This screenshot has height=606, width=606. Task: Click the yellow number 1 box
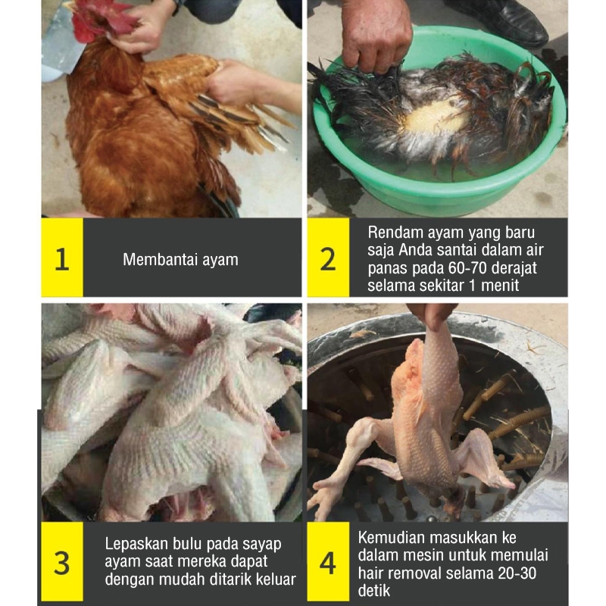point(62,258)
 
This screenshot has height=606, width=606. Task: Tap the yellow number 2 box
point(328,258)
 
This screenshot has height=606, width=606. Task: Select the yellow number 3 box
point(62,561)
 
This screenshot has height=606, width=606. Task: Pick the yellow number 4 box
point(328,561)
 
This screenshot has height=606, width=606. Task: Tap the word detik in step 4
point(373,591)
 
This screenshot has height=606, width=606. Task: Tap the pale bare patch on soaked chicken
point(435,116)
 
